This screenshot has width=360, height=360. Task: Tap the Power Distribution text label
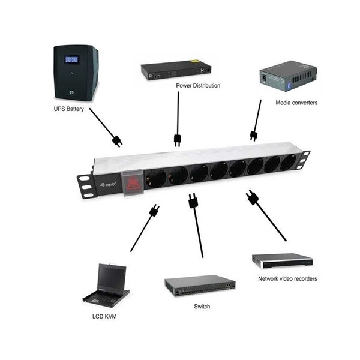pyautogui.click(x=197, y=85)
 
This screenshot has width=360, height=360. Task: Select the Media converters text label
pyautogui.click(x=296, y=103)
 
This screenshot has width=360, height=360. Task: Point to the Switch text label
pyautogui.click(x=202, y=306)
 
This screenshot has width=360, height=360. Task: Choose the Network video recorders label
pyautogui.click(x=287, y=278)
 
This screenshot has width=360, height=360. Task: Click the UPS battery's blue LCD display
pyautogui.click(x=72, y=60)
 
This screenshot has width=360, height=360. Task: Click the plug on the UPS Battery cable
pyautogui.click(x=116, y=141)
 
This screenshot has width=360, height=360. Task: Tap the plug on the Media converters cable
pyautogui.click(x=254, y=134)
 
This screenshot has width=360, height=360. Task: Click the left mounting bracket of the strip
pyautogui.click(x=85, y=185)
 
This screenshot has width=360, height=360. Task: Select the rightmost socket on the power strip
pyautogui.click(x=289, y=163)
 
